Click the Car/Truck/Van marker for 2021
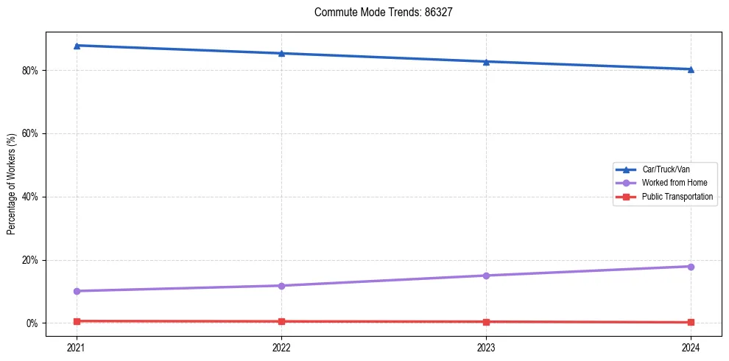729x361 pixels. point(77,46)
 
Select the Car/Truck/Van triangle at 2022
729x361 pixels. point(281,53)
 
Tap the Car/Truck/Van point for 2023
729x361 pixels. point(486,61)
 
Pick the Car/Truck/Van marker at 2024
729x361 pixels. point(691,69)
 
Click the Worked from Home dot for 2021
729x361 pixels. point(77,291)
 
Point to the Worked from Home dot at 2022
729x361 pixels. point(281,286)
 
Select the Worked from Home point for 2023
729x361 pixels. point(486,276)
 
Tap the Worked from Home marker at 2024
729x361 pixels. point(691,266)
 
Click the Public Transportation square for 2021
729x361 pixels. point(77,321)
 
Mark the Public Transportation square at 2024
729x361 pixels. point(691,322)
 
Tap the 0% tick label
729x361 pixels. point(32,323)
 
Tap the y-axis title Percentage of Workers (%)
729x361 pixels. point(12,184)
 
